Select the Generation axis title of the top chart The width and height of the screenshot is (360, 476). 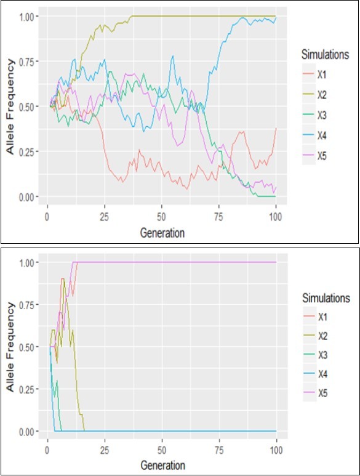[x=161, y=233]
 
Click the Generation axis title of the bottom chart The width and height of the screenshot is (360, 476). [x=161, y=464]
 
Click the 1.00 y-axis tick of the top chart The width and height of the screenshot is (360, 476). [x=28, y=15]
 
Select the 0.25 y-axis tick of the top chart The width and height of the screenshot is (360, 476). [x=28, y=151]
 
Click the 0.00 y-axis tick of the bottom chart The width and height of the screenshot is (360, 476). [x=28, y=431]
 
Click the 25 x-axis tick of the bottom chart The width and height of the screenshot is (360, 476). [x=104, y=450]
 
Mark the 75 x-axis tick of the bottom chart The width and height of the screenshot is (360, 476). [x=219, y=450]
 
